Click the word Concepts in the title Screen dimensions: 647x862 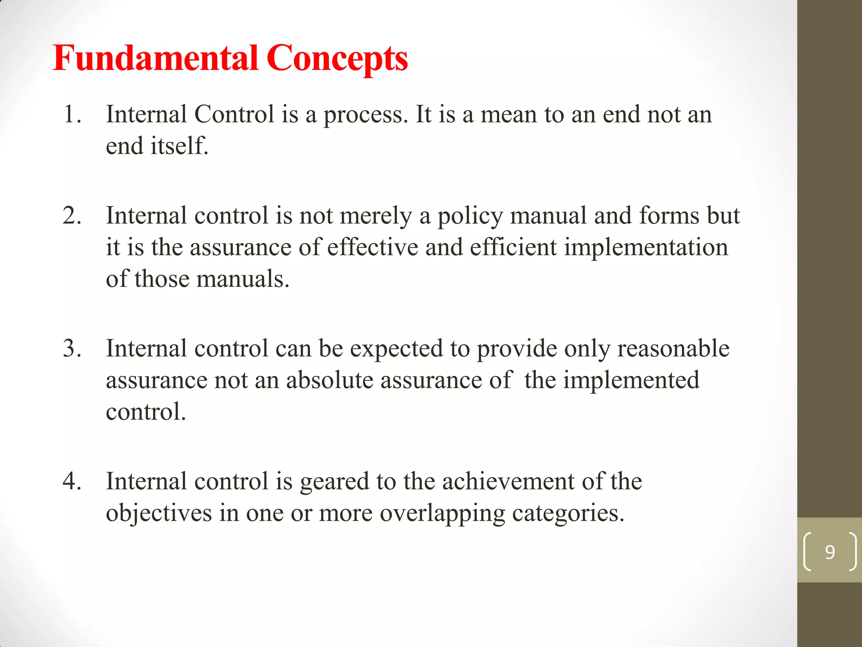pyautogui.click(x=337, y=59)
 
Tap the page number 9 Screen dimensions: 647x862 pyautogui.click(x=830, y=552)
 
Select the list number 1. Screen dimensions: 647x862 pyautogui.click(x=72, y=115)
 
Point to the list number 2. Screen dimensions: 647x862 pyautogui.click(x=72, y=216)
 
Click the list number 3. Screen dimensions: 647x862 pyautogui.click(x=72, y=349)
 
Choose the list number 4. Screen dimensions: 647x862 pyautogui.click(x=72, y=481)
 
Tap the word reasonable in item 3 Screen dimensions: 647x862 pyautogui.click(x=673, y=349)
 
